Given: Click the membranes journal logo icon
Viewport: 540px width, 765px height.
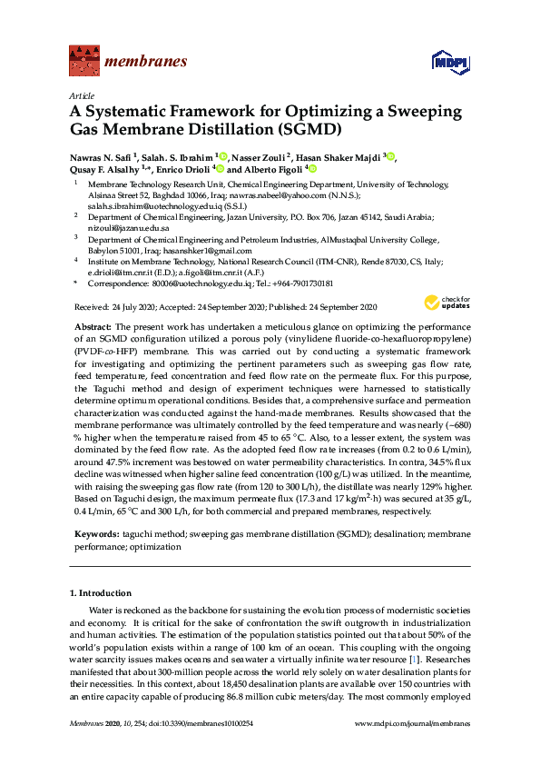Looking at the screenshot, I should click(83, 61).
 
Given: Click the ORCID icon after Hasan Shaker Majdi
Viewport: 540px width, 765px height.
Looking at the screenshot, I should click(393, 155).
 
